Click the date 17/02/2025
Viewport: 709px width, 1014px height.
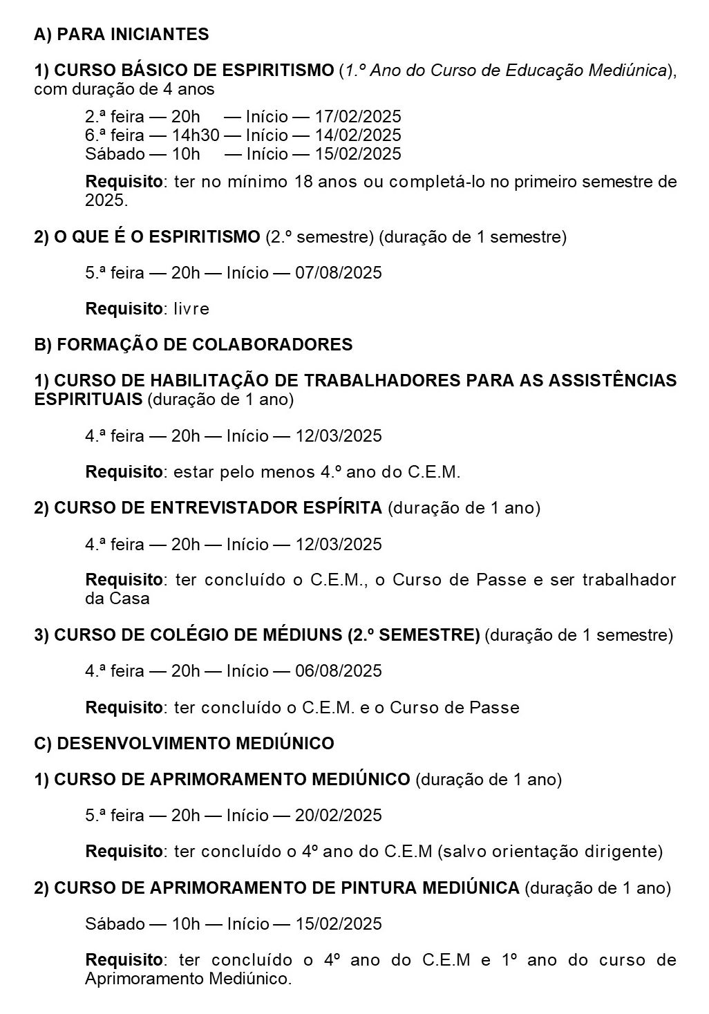click(358, 117)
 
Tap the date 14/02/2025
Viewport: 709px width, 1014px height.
click(358, 135)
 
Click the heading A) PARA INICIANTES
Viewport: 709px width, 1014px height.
click(122, 35)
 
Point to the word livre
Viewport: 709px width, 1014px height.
click(191, 309)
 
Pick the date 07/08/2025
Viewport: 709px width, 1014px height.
click(339, 273)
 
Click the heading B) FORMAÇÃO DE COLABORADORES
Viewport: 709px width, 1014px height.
click(193, 345)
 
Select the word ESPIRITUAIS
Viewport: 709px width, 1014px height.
click(88, 400)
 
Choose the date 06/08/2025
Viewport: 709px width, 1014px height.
click(339, 671)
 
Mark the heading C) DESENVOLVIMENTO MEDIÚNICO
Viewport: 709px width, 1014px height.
click(184, 744)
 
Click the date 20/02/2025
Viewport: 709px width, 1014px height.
click(339, 816)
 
